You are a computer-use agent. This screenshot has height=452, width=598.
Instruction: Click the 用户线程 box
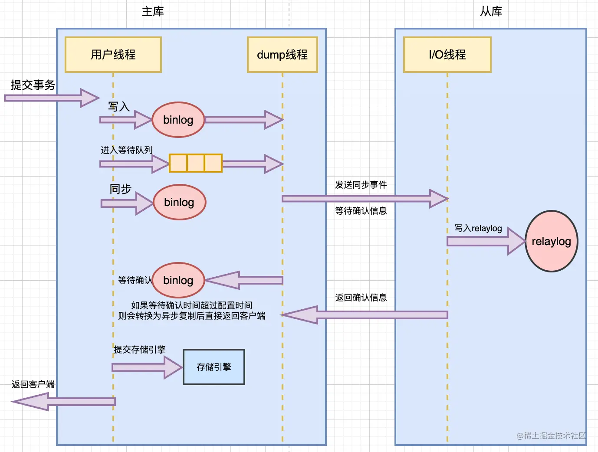pos(113,55)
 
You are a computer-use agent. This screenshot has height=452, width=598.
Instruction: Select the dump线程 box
pos(282,55)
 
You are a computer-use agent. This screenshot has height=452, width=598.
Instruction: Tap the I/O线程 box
pos(447,55)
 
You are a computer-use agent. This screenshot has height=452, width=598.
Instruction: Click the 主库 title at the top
pos(153,11)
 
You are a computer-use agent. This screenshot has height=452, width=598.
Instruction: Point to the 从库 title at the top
pos(491,11)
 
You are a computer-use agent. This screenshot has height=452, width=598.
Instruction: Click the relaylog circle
pos(551,241)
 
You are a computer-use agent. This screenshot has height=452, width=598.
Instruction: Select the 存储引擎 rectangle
pos(214,367)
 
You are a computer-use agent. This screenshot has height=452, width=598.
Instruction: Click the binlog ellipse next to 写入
pos(178,120)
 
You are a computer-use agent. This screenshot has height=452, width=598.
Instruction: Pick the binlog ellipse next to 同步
pos(179,202)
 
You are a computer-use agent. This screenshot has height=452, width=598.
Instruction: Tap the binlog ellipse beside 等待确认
pos(178,280)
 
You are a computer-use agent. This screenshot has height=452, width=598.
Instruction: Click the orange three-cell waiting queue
pos(195,163)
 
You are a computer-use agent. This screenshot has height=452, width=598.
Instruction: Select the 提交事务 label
pos(33,85)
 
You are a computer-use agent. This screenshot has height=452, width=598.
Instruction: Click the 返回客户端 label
pos(33,384)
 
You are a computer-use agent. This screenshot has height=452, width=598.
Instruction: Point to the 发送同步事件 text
pos(361,185)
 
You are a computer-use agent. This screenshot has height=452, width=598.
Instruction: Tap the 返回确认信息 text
pos(361,298)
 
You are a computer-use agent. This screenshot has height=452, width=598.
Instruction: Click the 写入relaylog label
pos(478,228)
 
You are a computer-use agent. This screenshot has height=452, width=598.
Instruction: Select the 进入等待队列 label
pos(127,150)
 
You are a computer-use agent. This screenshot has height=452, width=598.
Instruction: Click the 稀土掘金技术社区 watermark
pos(551,436)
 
